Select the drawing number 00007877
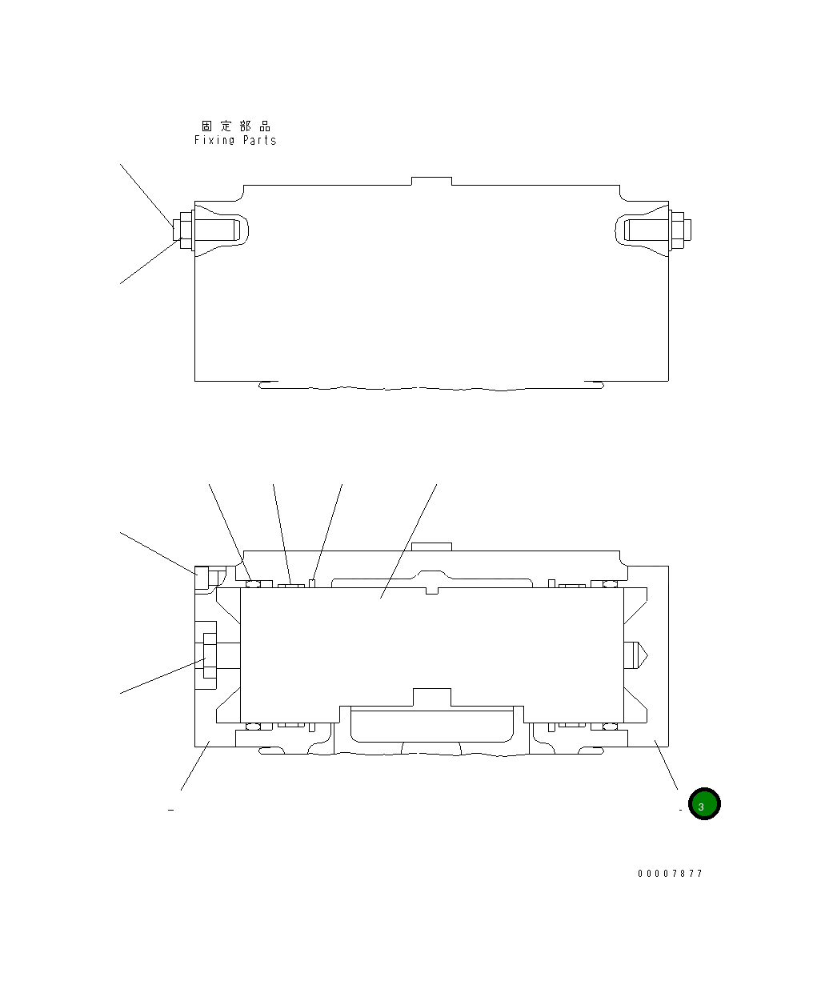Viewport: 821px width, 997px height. tap(670, 874)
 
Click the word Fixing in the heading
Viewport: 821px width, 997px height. tap(214, 141)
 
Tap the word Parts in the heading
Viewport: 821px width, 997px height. tap(259, 141)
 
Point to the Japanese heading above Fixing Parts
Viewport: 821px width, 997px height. tap(236, 126)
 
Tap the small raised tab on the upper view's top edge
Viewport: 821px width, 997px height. tap(431, 181)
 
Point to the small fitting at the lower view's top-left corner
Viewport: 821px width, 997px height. tap(202, 578)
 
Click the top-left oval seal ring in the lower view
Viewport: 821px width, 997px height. tap(254, 583)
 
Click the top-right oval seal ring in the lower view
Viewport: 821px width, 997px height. tap(609, 583)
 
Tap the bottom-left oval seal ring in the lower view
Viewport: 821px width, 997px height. tap(254, 727)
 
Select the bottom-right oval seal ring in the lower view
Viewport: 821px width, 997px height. tap(609, 727)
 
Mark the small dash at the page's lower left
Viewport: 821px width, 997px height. tap(170, 811)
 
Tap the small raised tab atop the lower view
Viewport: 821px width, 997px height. tap(431, 547)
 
